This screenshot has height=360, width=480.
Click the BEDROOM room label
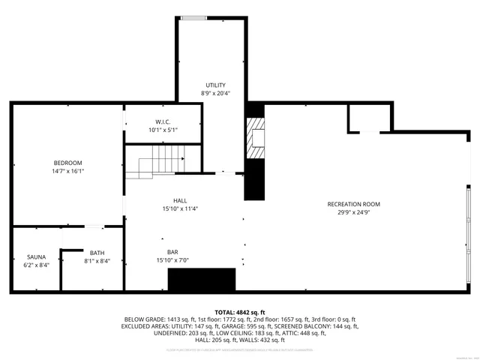click(67, 163)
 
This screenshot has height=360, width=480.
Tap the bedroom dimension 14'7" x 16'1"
click(67, 171)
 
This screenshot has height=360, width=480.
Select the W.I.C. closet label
click(163, 121)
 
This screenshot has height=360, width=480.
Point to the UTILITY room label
click(216, 85)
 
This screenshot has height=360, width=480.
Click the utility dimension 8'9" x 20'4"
click(216, 94)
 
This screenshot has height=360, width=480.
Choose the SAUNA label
click(37, 256)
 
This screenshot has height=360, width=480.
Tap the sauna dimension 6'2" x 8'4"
click(37, 265)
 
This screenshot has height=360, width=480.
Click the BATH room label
click(97, 253)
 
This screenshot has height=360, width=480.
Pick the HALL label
click(180, 200)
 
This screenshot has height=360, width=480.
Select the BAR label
click(173, 252)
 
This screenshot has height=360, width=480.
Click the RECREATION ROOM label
click(354, 204)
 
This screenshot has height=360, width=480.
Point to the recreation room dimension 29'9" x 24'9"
click(354, 212)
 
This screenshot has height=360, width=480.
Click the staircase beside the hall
click(154, 162)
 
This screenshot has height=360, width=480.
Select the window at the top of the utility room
click(193, 17)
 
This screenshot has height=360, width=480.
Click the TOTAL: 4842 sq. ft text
click(240, 311)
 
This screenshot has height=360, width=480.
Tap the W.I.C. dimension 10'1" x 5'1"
click(163, 130)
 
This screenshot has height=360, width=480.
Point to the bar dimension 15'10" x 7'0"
click(173, 260)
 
